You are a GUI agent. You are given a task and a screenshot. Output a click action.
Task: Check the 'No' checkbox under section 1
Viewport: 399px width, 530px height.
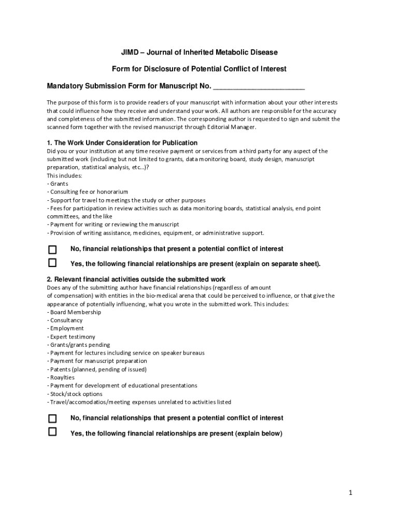click(x=52, y=249)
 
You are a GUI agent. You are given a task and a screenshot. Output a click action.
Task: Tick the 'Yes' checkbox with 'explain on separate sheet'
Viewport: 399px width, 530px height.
click(x=52, y=262)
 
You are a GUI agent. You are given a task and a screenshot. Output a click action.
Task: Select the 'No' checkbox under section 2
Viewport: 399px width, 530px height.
click(x=52, y=418)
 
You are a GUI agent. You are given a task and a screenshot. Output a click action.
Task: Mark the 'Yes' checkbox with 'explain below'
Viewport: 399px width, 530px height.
click(x=52, y=432)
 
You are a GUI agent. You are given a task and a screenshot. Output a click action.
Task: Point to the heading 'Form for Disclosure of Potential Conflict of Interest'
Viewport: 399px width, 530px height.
click(x=199, y=69)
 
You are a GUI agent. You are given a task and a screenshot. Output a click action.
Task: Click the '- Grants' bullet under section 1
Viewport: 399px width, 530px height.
click(x=58, y=184)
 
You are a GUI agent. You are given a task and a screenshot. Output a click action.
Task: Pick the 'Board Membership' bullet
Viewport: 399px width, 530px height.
click(x=75, y=312)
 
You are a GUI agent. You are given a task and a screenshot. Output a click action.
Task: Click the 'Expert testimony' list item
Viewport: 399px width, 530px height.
click(x=73, y=336)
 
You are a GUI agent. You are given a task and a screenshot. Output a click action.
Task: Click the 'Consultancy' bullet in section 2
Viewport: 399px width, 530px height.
click(x=66, y=320)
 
